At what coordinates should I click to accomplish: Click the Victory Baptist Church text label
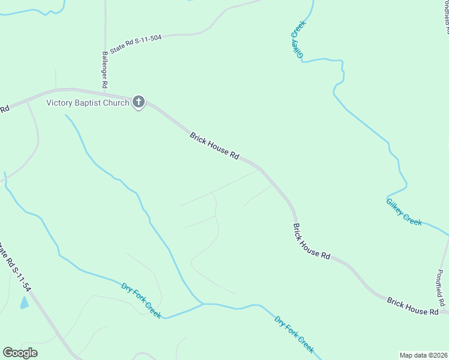point(88,103)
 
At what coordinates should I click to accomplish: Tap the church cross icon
point(139,102)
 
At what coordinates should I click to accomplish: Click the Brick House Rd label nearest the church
point(214,146)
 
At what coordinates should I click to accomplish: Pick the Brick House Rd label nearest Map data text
point(412,306)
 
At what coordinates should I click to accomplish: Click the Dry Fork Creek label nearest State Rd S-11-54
point(141,300)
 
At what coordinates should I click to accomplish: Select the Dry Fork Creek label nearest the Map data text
point(294,334)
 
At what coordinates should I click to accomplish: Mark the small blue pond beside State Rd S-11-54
point(24,302)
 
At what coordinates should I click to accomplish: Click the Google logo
point(20,352)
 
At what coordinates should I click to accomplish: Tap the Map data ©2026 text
point(423,355)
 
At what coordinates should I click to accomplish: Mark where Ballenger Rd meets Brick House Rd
point(106,91)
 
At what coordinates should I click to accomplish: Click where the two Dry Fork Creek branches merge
point(202,304)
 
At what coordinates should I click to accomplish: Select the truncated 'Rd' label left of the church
point(5,109)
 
